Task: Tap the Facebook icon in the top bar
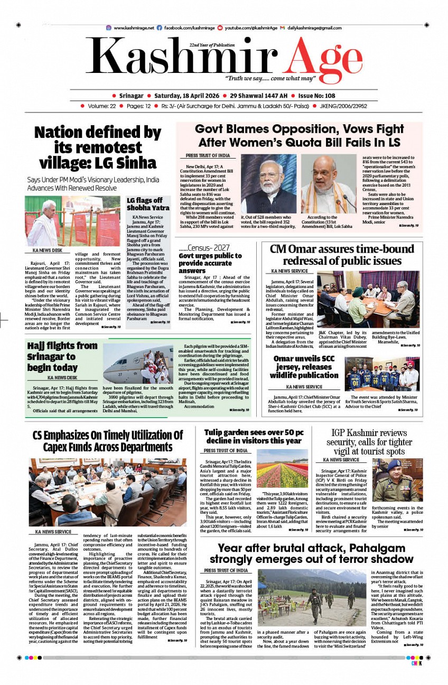click(160, 27)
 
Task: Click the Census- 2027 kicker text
click(204, 247)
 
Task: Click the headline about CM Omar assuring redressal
click(342, 255)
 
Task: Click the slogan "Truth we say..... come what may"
click(270, 78)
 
